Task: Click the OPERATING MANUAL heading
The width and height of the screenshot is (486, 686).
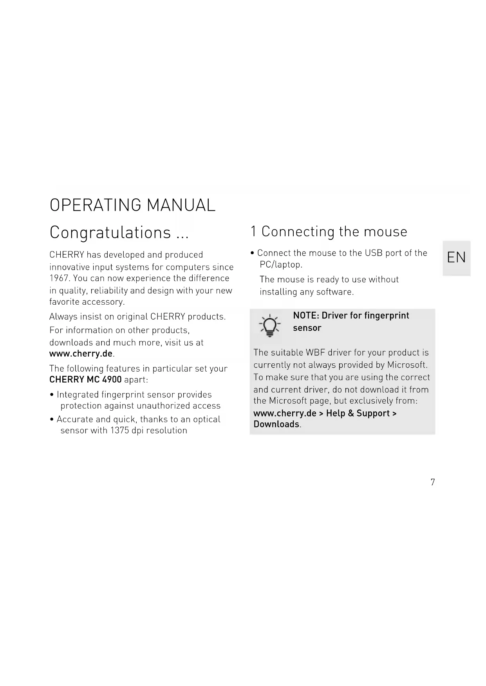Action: tap(132, 205)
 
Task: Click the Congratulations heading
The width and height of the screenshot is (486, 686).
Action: tap(119, 232)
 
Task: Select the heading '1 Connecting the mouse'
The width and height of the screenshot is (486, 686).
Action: tap(329, 232)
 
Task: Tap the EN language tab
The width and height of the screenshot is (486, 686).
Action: tap(456, 258)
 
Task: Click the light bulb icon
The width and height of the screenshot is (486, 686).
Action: tap(270, 326)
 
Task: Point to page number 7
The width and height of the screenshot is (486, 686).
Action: tap(432, 482)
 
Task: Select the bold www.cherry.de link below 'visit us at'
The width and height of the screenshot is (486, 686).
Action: tap(81, 354)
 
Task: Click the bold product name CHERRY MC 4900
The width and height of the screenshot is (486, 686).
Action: tap(85, 380)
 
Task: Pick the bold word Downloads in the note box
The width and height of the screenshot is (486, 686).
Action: tap(276, 424)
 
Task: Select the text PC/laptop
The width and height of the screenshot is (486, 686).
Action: tap(281, 265)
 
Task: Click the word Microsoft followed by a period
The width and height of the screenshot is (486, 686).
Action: tap(407, 365)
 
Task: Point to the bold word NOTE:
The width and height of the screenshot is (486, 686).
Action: tap(306, 316)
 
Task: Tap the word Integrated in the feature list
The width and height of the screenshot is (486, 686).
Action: tap(78, 395)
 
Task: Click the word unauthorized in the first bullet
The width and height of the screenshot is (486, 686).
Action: tap(163, 406)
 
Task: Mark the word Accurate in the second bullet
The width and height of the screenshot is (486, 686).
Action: tap(75, 420)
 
